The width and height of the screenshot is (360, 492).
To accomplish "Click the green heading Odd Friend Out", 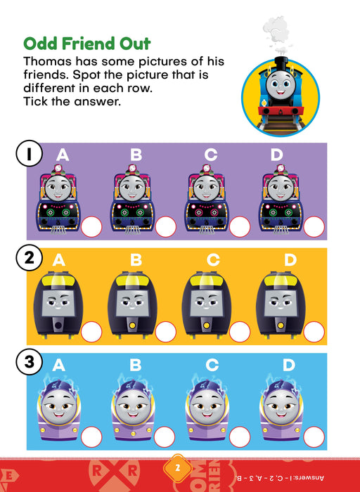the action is [x=87, y=44].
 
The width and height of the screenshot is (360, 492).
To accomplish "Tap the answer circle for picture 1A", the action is [x=91, y=227].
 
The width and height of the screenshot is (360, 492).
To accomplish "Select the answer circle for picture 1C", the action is [x=240, y=227].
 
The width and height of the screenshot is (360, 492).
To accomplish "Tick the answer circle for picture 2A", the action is [x=91, y=332].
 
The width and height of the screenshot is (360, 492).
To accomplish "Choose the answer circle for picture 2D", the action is [x=314, y=332].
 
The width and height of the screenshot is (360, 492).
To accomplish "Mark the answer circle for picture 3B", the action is [x=165, y=437].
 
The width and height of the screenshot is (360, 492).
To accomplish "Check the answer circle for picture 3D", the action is [x=314, y=437].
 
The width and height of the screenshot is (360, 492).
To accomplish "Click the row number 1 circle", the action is [x=29, y=153].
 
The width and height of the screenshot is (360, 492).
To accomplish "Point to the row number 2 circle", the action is [x=29, y=258].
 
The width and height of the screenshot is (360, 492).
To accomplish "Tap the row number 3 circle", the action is [x=29, y=363].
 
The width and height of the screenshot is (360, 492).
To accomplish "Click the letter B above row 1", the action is [x=136, y=155].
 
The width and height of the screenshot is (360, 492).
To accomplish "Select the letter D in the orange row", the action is [x=290, y=260].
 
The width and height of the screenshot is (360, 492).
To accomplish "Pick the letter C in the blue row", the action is [x=212, y=365].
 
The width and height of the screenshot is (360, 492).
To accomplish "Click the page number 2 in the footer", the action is [x=178, y=469].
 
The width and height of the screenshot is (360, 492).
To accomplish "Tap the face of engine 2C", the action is [x=206, y=303].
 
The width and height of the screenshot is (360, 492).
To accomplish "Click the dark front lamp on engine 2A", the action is [x=58, y=325].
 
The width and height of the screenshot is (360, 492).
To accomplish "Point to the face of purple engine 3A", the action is [x=59, y=404].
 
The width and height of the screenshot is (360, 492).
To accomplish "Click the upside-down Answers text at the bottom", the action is [x=279, y=478].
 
